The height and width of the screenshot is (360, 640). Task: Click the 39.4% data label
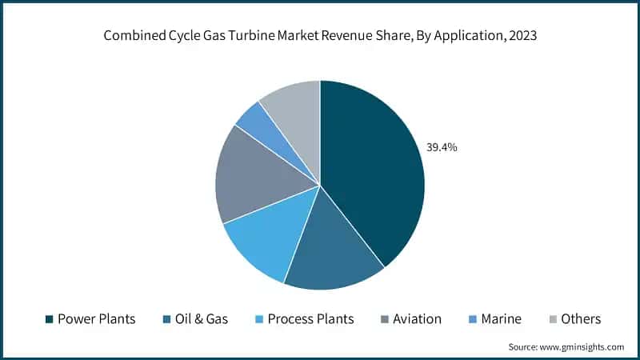click(x=441, y=147)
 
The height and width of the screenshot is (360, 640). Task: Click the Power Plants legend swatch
click(x=49, y=319)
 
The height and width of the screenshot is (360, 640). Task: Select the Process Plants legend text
click(x=310, y=319)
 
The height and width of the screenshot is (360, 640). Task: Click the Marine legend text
click(x=501, y=319)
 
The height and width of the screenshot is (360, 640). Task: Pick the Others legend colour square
click(x=554, y=319)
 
